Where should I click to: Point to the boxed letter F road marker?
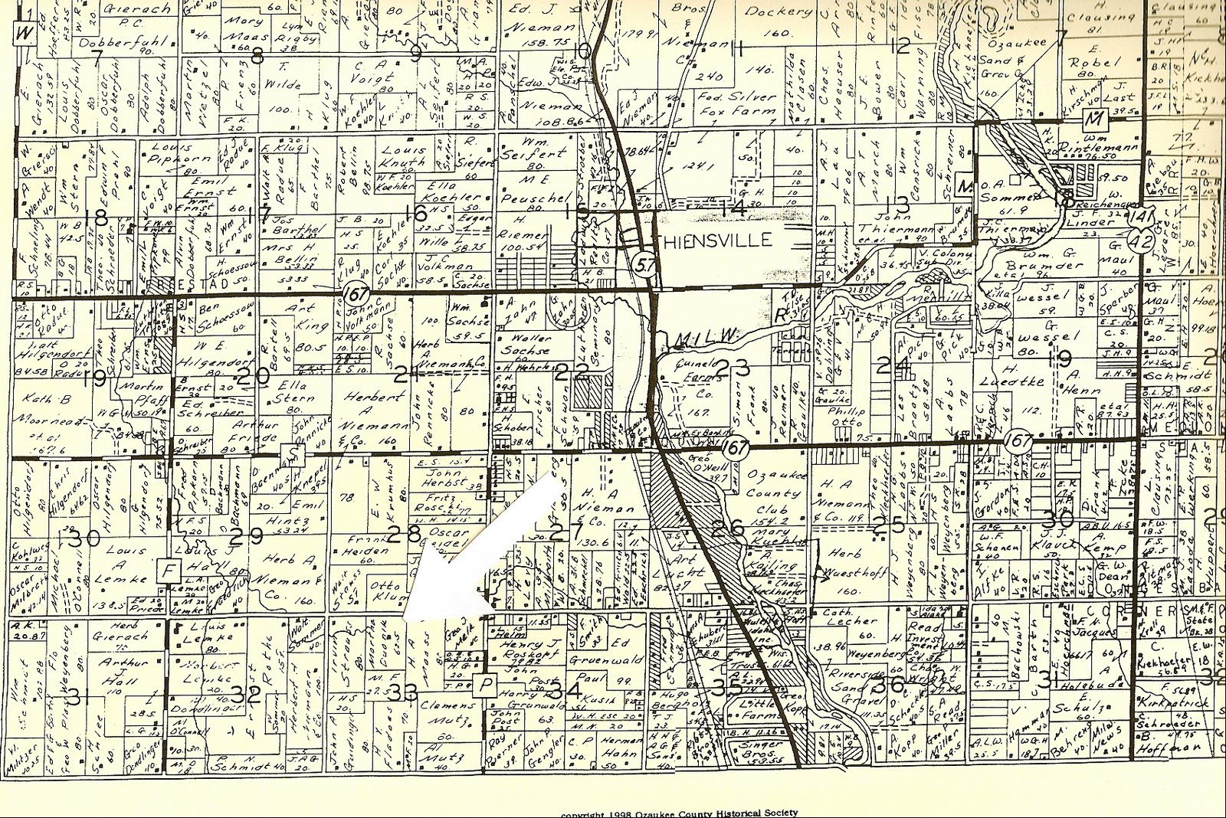pyautogui.click(x=166, y=570)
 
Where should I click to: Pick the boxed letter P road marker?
pyautogui.click(x=484, y=685)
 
